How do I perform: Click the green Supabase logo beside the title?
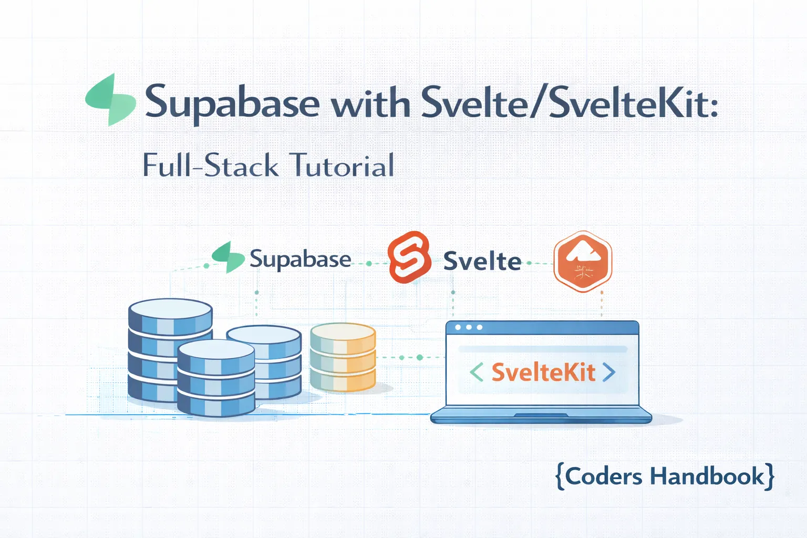coord(111,100)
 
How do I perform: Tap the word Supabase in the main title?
coord(232,102)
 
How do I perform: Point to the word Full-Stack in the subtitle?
coord(210,165)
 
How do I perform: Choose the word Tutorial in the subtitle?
coord(342,165)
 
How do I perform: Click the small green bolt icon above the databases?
coord(228,257)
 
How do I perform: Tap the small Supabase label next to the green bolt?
coord(300,259)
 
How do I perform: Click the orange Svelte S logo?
coord(409,257)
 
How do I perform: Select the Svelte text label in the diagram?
coord(482,261)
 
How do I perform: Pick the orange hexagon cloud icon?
coord(583,261)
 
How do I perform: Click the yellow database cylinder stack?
coord(343,357)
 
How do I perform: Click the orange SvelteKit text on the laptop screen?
coord(543,373)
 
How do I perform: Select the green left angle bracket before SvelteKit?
coord(476,372)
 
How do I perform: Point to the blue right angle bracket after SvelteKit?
coord(609,372)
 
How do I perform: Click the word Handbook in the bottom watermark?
coord(707,477)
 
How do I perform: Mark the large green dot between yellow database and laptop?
coord(419,357)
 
